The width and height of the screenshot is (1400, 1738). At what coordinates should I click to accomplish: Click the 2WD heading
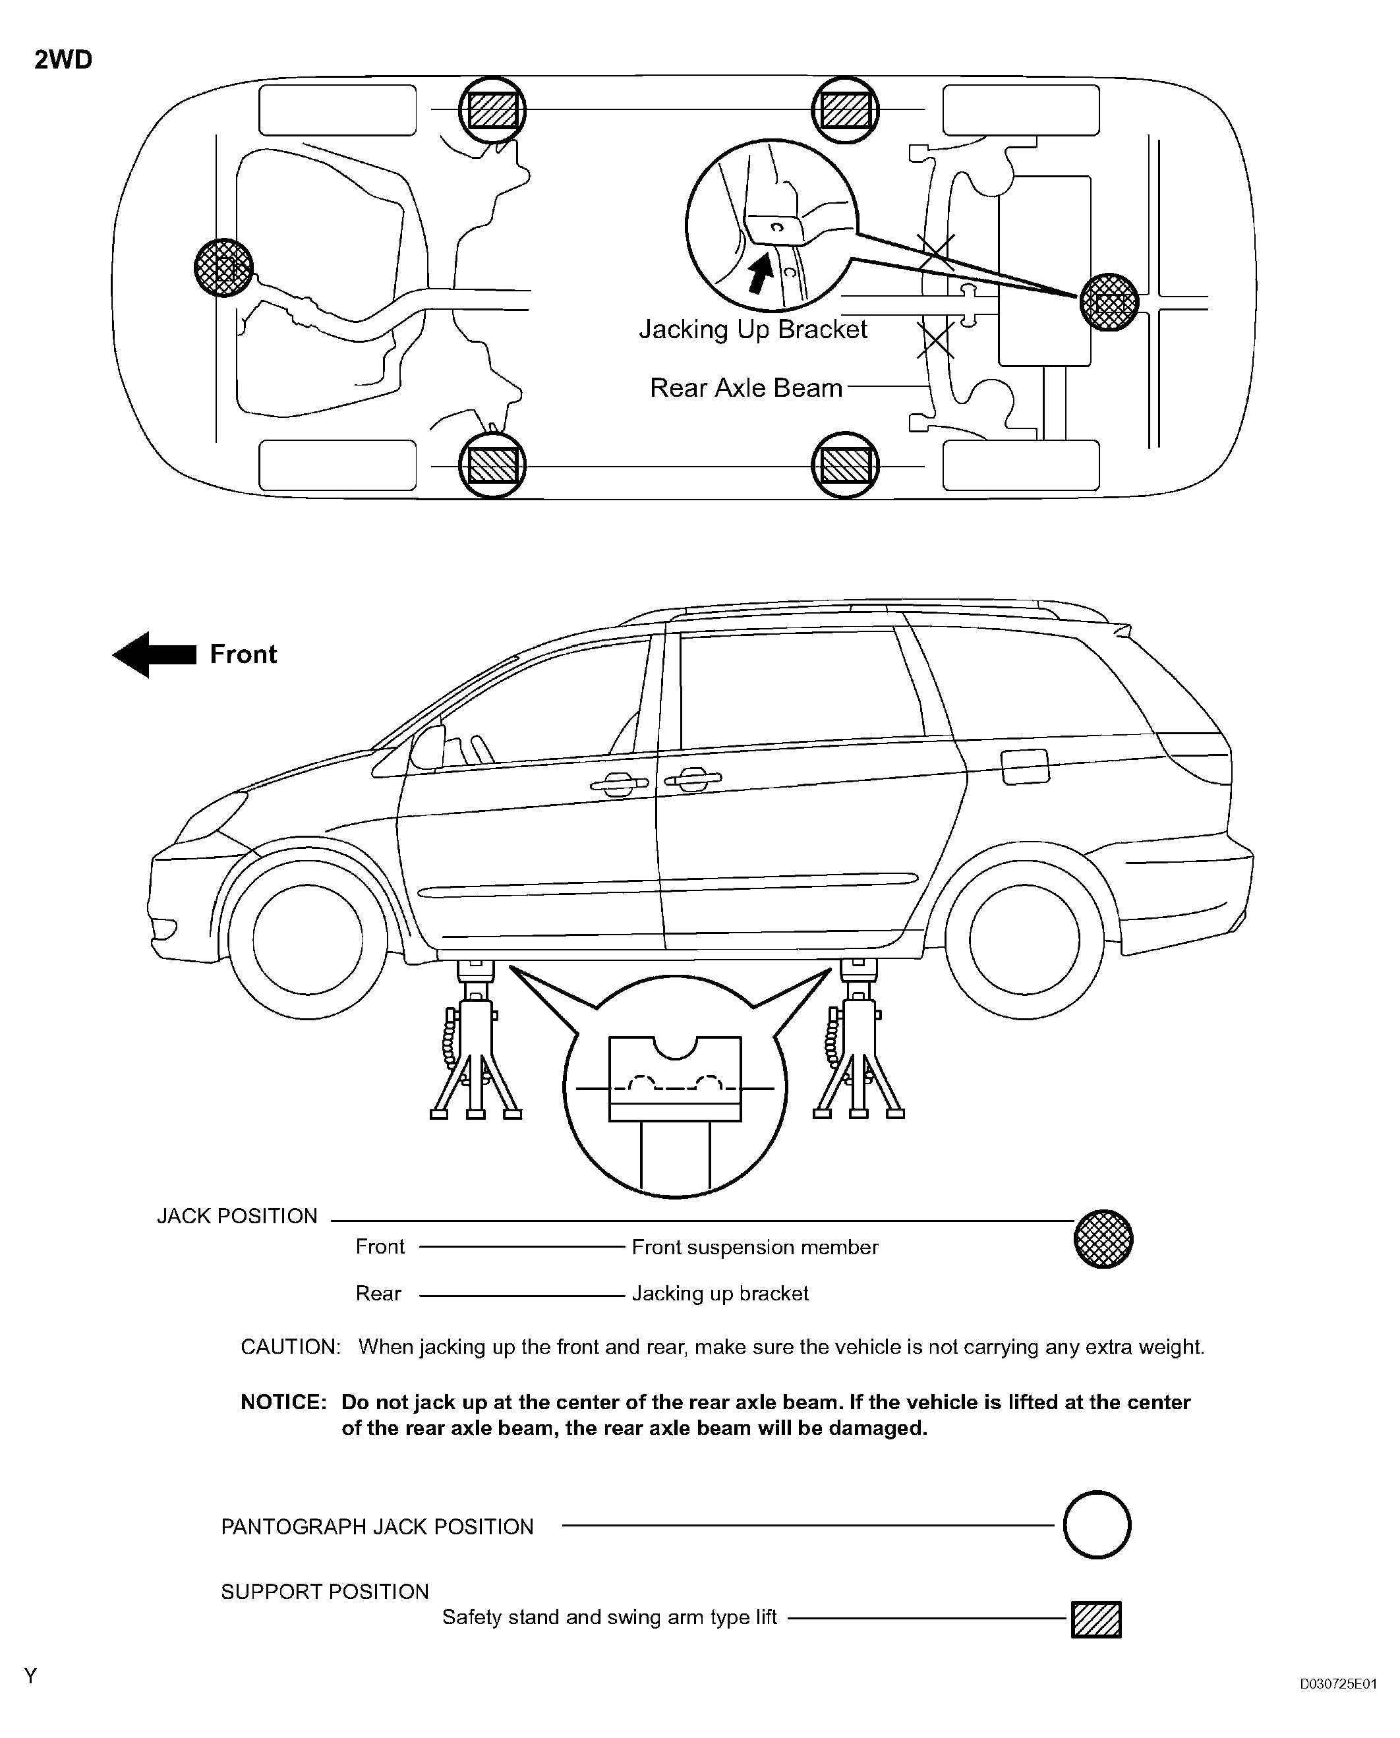[63, 61]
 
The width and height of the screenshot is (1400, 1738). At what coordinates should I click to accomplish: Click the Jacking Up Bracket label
[753, 330]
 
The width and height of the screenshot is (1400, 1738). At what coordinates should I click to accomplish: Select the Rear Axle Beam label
[746, 389]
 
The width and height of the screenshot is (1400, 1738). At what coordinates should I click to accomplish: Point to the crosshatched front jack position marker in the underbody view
[223, 268]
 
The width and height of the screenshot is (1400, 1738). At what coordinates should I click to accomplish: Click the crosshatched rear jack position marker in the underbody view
[1109, 303]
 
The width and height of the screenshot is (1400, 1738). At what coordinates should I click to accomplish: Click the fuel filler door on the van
[1024, 766]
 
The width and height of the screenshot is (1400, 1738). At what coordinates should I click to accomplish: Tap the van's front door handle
[618, 783]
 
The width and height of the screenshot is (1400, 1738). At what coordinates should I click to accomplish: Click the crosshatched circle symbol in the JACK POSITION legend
[1103, 1240]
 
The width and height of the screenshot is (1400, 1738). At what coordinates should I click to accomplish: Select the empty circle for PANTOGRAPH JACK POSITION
[1097, 1525]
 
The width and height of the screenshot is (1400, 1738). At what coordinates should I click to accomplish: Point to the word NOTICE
[283, 1403]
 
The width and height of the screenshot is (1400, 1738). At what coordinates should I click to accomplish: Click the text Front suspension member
[755, 1248]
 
